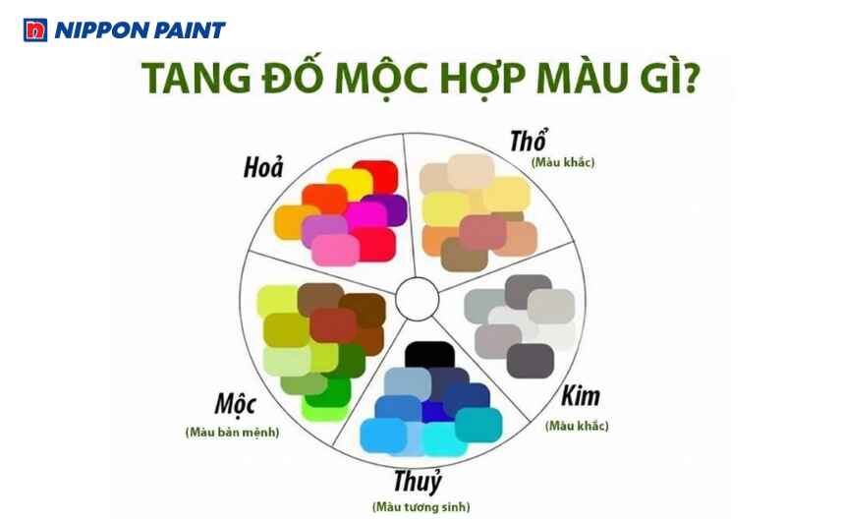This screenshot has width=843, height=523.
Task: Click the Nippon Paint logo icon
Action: (34, 29)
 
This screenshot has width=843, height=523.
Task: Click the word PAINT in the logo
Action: (191, 29)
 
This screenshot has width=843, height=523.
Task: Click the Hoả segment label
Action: (263, 168)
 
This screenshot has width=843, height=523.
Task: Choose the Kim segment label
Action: (580, 398)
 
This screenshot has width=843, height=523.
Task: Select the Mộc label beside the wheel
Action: (235, 404)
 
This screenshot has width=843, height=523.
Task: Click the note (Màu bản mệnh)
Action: (231, 432)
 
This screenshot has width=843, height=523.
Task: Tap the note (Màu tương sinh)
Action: (421, 507)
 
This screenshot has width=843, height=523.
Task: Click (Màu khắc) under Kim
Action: (577, 426)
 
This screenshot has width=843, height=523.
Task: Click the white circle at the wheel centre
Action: (418, 294)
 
